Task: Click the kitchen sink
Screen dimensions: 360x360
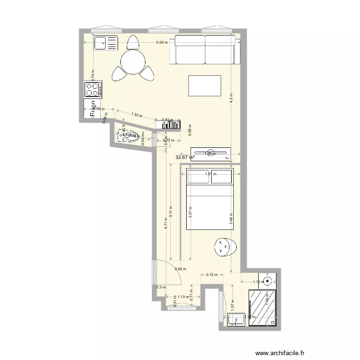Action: [105, 43]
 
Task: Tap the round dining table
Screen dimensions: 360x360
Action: [132, 61]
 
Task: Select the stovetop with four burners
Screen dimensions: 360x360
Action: [93, 89]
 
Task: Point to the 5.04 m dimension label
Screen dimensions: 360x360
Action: [162, 43]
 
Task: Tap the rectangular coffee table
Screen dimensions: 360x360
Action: [205, 85]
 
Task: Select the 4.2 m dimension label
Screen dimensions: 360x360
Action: [231, 98]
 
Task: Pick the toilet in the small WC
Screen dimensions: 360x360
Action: [126, 136]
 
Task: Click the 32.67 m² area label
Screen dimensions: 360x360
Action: [185, 157]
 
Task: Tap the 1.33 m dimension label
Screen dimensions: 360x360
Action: [137, 115]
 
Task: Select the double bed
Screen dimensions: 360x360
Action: [209, 199]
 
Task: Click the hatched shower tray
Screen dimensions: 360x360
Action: [263, 308]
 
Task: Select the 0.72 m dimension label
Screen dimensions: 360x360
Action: [212, 275]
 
